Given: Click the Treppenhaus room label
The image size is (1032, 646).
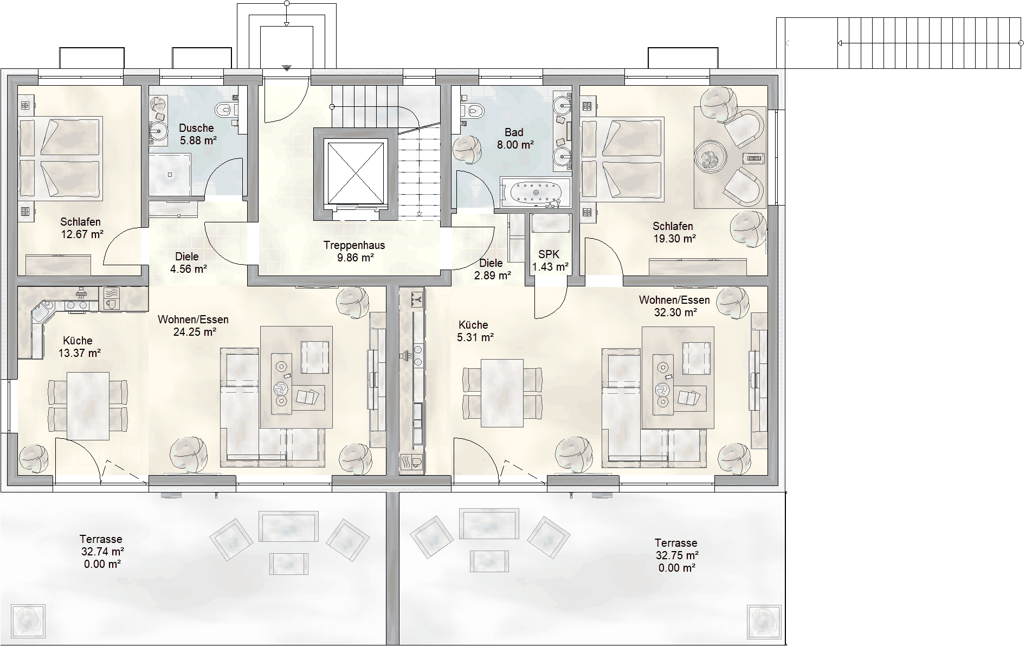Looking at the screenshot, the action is [x=354, y=245].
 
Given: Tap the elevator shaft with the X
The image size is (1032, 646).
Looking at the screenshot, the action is [x=356, y=172].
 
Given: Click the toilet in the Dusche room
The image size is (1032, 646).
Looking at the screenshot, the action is [x=225, y=111].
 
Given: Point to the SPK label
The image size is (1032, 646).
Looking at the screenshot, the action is [x=549, y=254].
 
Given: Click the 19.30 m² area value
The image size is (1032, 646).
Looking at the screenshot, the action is [x=674, y=238].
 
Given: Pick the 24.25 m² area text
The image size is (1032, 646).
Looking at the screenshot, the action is [x=195, y=332].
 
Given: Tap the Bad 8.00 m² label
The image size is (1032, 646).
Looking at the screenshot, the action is [x=515, y=138].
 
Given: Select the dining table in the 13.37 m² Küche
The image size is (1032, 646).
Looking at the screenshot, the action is [x=88, y=405].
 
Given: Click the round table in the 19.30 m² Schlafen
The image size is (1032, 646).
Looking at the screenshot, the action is [x=710, y=157].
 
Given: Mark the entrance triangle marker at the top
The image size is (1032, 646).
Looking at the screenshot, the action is [x=287, y=68].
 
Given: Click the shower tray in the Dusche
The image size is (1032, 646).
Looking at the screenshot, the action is [x=170, y=175].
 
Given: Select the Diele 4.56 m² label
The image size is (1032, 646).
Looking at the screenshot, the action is [x=188, y=263].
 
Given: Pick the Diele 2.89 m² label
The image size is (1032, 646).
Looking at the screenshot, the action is [x=492, y=269].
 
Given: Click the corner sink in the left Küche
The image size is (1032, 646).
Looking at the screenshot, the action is [x=40, y=313].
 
